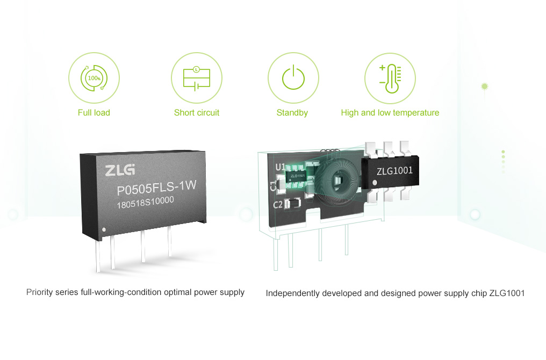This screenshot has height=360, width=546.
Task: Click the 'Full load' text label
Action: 94,113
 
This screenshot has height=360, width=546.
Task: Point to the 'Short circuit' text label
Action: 197,113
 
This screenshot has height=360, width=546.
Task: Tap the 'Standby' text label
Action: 292,113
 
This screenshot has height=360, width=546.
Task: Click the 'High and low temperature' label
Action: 390,113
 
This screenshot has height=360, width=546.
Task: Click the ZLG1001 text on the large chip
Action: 394,171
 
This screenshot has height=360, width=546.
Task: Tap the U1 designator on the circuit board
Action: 280,167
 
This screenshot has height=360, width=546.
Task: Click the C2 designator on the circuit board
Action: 278,204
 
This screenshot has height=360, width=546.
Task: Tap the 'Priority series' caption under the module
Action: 135,293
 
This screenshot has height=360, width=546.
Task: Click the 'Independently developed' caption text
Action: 395,293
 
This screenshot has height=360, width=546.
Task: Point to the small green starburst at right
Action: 485,85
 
